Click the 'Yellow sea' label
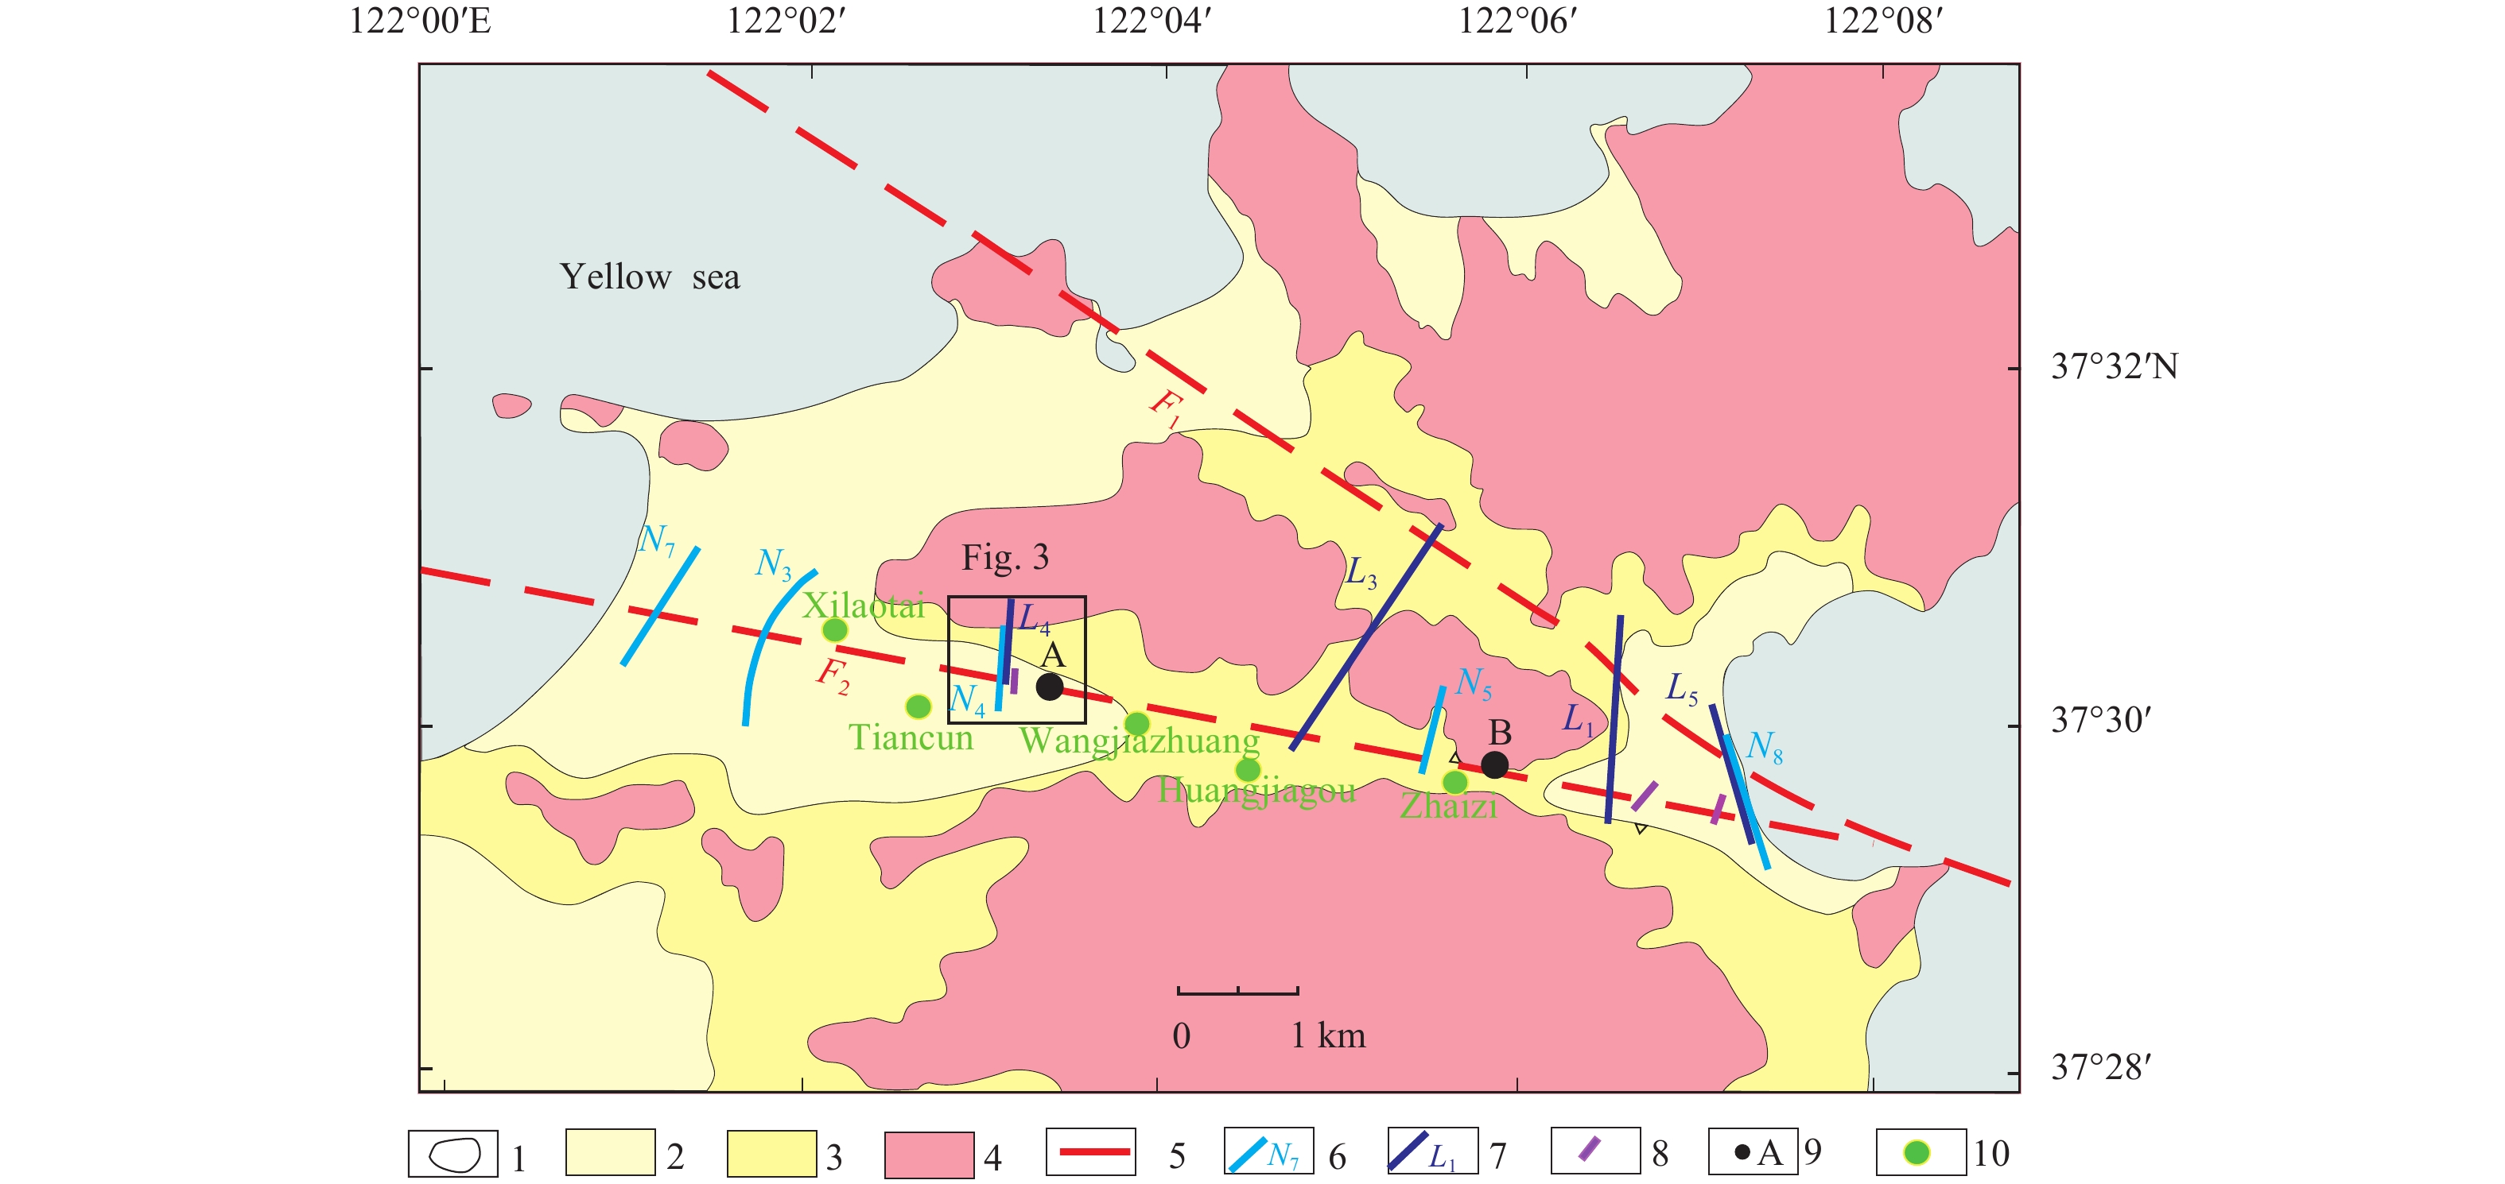coord(649,277)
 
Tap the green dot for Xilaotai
coord(834,630)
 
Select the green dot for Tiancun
coord(918,706)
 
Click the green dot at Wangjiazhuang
coord(1136,723)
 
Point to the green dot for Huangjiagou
coord(1248,770)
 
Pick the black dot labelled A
coord(1049,687)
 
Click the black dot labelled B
coord(1494,765)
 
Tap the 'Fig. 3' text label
coord(1004,557)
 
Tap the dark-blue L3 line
coord(1366,636)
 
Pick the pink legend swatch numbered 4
coord(929,1155)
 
